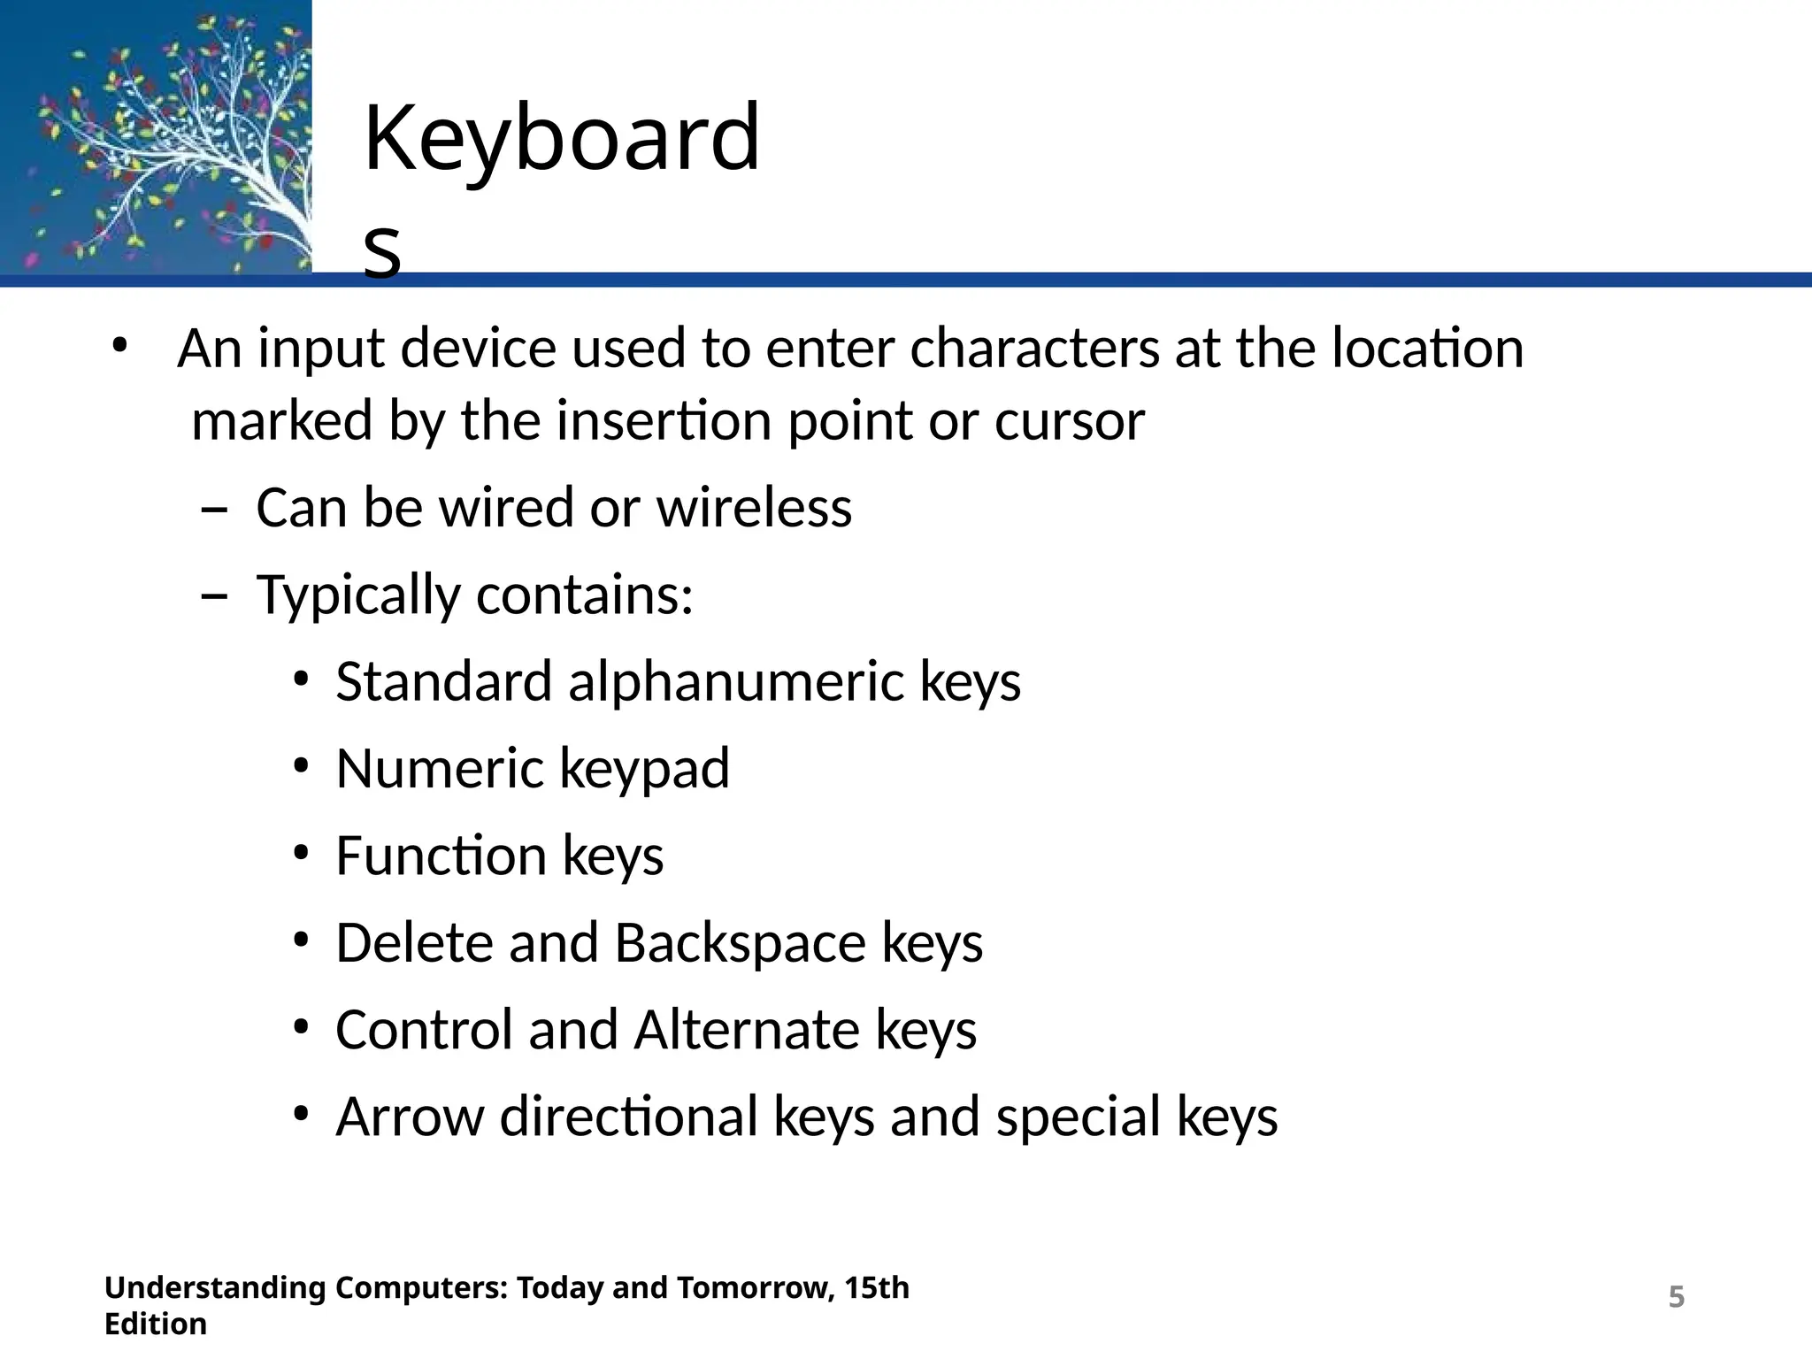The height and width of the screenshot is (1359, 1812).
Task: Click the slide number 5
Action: (x=1676, y=1297)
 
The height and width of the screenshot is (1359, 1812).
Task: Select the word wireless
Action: (x=754, y=508)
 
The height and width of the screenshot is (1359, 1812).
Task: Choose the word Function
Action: (x=441, y=856)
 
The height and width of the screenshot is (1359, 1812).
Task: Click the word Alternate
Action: (x=747, y=1030)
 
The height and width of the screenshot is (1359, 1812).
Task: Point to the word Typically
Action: (x=358, y=595)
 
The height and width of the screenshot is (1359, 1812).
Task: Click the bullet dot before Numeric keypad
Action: (x=301, y=766)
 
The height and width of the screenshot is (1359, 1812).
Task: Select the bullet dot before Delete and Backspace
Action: (x=301, y=941)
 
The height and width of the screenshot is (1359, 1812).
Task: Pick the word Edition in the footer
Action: (x=156, y=1324)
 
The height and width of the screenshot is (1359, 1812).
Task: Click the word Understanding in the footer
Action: (x=215, y=1288)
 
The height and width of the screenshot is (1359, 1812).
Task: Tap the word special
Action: (x=1078, y=1117)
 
